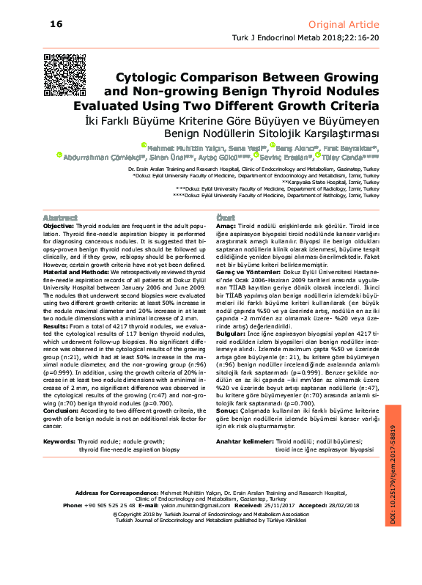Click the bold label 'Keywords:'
coord(59,442)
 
